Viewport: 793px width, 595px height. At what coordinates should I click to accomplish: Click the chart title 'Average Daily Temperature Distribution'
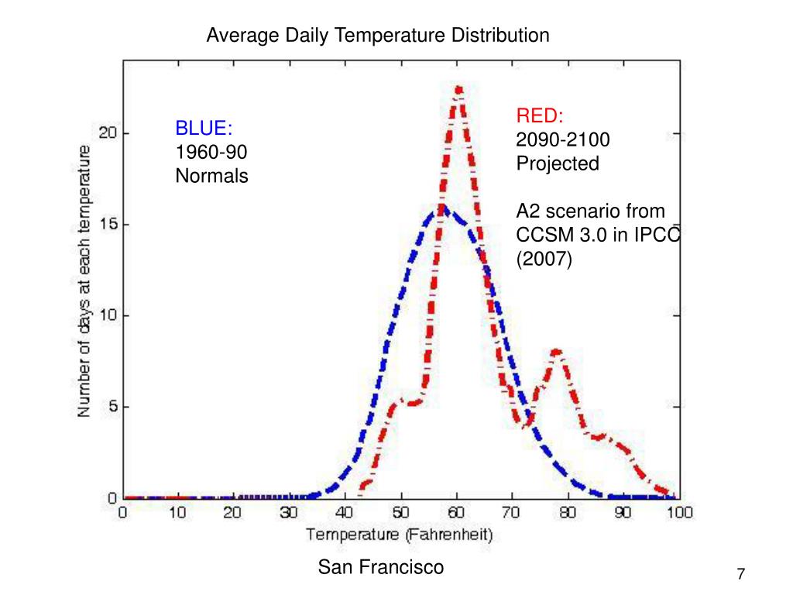tap(377, 35)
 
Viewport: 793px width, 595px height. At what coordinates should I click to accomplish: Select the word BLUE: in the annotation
tap(204, 128)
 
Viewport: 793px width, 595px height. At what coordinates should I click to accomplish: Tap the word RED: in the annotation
tap(540, 116)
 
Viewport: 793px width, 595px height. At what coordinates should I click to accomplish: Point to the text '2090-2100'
tap(563, 140)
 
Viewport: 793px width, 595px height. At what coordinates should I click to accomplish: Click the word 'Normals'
tap(211, 176)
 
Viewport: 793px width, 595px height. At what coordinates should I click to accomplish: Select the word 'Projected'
tap(558, 163)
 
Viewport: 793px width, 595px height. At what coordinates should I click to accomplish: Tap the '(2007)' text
tap(544, 259)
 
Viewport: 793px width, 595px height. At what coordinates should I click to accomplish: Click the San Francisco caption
tap(381, 568)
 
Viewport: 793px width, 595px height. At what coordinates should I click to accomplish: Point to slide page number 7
tap(740, 574)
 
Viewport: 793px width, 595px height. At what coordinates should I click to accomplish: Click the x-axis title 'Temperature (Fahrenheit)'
tap(399, 535)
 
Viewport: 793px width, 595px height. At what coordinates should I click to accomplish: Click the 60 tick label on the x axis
tap(457, 513)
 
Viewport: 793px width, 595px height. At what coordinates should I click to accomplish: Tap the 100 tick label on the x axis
tap(679, 513)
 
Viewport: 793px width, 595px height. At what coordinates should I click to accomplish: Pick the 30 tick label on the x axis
tap(289, 513)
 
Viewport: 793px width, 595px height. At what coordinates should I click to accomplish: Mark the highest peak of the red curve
tap(458, 90)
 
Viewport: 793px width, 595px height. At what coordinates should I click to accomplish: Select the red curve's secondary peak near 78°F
tap(556, 353)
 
